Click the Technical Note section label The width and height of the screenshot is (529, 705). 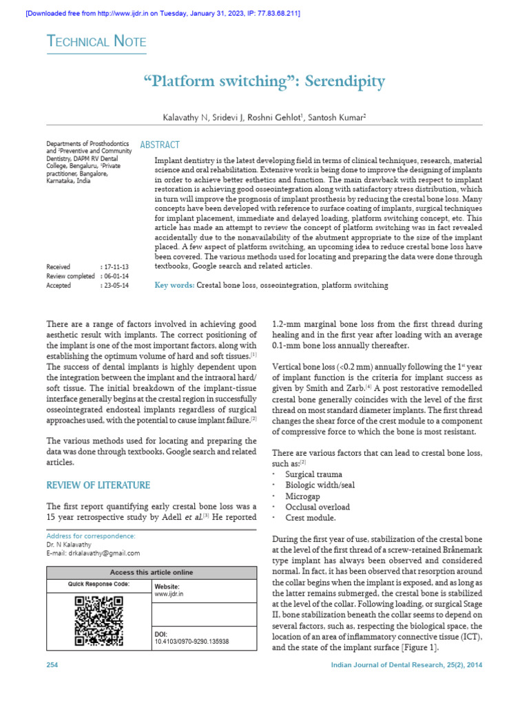tap(96, 42)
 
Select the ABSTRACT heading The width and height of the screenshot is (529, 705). tap(160, 145)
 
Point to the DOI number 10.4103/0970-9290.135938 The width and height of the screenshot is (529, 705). tap(191, 641)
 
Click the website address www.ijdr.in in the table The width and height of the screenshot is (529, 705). tap(169, 593)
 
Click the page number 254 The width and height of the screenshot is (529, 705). tap(52, 664)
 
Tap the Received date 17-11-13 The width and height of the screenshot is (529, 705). tap(116, 266)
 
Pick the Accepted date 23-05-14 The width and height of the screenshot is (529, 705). tap(116, 284)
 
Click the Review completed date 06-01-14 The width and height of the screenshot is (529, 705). tap(116, 275)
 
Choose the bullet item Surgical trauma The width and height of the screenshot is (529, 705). tap(313, 474)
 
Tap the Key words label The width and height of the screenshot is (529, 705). tap(174, 285)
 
